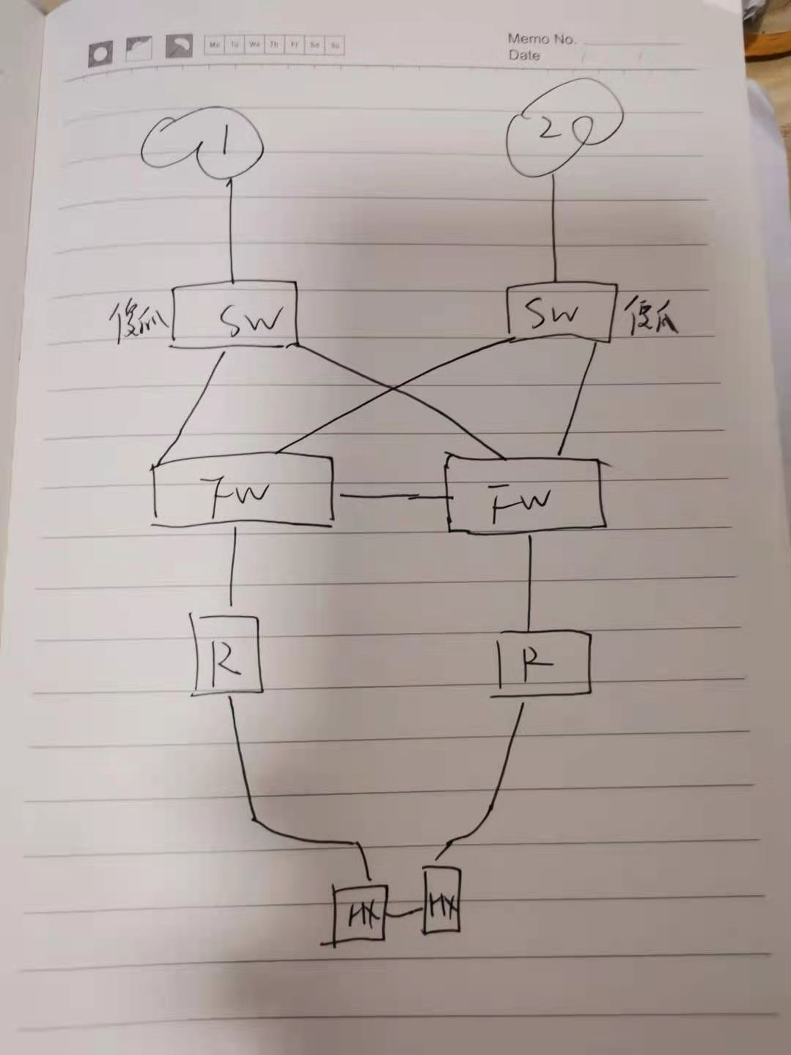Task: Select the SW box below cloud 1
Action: pos(235,314)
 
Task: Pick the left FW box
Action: pos(242,491)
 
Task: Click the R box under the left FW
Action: pos(226,654)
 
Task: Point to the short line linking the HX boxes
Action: pos(404,914)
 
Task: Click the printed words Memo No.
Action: pos(541,39)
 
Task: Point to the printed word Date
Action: pos(524,55)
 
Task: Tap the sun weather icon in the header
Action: pos(100,53)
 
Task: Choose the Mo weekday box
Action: pos(215,45)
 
